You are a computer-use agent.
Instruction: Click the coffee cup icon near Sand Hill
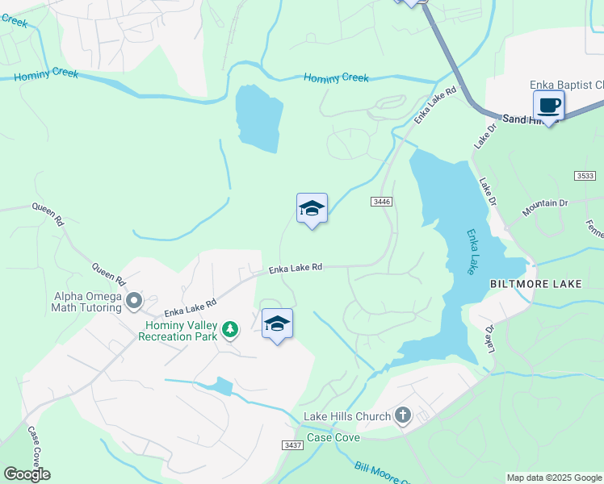549,105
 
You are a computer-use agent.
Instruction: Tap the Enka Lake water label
472,252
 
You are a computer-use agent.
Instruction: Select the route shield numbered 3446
382,201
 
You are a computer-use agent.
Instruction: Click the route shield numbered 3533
587,175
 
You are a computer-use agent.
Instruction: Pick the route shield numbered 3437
293,445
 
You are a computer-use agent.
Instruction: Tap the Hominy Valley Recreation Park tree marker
231,328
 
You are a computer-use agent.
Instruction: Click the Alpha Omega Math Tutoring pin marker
134,301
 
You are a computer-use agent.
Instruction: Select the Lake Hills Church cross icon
402,416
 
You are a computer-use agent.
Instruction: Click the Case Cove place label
333,437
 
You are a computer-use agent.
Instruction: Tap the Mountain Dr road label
545,208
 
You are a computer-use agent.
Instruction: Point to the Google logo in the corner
26,474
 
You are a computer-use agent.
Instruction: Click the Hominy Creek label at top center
336,78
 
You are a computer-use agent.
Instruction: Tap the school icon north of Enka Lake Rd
312,209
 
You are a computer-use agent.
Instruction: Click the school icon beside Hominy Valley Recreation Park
277,323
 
